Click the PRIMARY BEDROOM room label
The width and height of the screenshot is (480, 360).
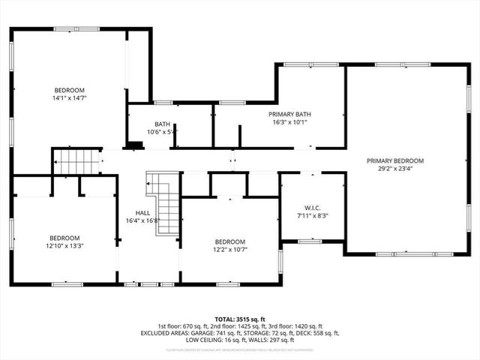click(x=395, y=160)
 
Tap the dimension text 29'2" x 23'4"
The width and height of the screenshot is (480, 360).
click(x=395, y=169)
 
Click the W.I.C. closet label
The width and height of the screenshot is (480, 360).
click(x=313, y=208)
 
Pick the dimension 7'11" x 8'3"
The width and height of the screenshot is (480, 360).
click(x=313, y=216)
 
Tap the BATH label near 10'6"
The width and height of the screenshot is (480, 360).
click(x=163, y=124)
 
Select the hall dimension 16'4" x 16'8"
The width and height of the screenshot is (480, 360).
click(x=142, y=220)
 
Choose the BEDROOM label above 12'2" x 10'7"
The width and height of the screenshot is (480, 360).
click(x=229, y=241)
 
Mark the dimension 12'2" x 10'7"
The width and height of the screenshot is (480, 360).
click(x=229, y=250)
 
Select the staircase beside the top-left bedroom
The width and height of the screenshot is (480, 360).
click(x=75, y=160)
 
